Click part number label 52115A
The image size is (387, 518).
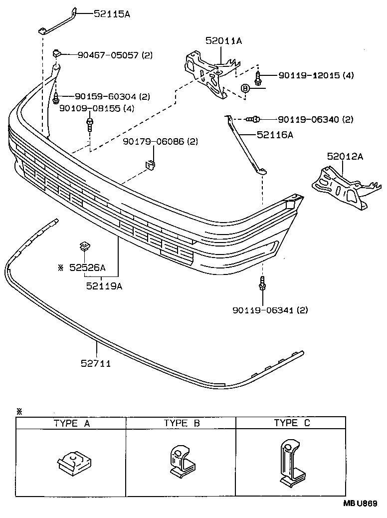(112, 14)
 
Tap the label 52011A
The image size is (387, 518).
(223, 41)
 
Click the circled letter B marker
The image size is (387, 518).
(245, 88)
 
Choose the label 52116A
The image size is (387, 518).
(275, 134)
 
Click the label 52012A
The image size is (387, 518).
(345, 156)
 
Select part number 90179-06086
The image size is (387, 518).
(154, 142)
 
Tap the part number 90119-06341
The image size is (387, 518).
(263, 310)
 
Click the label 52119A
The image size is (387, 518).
(104, 286)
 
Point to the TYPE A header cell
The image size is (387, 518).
(71, 424)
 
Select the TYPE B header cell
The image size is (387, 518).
(182, 424)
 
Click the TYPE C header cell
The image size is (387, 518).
(292, 423)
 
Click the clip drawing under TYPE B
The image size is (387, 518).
(180, 460)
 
